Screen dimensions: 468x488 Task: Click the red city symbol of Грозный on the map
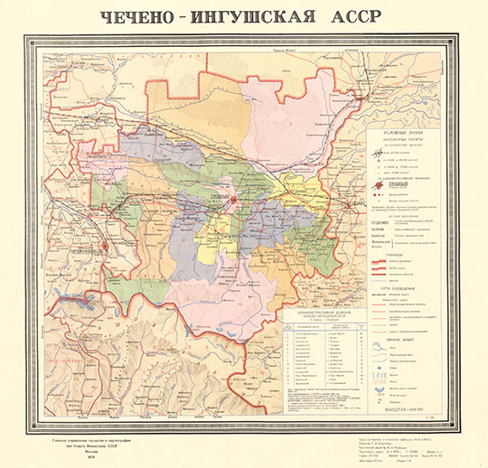(x=233, y=199)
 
